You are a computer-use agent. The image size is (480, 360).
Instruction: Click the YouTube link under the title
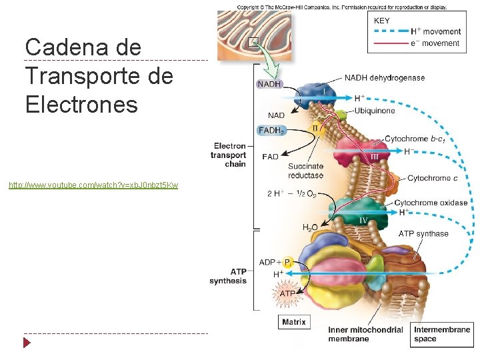click(x=93, y=185)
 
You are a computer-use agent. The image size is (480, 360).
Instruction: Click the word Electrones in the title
click(x=81, y=105)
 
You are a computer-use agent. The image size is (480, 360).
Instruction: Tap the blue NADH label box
click(x=269, y=85)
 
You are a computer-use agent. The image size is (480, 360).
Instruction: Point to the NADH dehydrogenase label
click(x=384, y=78)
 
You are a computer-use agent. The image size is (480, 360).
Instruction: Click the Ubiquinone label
click(x=374, y=111)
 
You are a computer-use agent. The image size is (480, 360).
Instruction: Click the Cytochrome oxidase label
click(x=431, y=203)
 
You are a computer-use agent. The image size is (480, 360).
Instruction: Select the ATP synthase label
click(x=423, y=233)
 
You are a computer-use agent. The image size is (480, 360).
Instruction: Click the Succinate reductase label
click(x=305, y=171)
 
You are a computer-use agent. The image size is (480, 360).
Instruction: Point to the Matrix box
click(x=294, y=322)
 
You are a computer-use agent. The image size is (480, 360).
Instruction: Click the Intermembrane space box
click(x=442, y=334)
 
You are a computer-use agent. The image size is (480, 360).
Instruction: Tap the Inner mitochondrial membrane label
click(x=365, y=334)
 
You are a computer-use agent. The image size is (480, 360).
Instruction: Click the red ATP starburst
click(x=287, y=293)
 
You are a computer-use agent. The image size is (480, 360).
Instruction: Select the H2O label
click(x=310, y=228)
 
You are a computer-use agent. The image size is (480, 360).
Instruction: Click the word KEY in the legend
click(x=382, y=21)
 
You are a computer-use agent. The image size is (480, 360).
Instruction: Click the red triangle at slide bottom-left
click(x=27, y=343)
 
